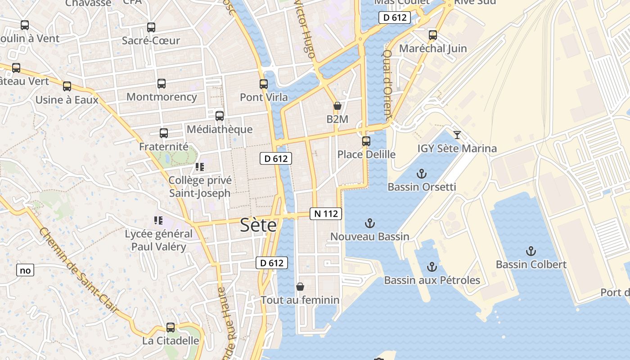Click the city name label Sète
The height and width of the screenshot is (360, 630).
258,225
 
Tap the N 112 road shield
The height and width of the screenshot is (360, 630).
326,214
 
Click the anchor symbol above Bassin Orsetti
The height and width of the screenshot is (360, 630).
422,173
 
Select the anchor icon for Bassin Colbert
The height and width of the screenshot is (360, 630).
531,251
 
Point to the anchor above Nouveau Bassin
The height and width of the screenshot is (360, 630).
369,223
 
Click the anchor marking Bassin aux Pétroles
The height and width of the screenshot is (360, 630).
432,267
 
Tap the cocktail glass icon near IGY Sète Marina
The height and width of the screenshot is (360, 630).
457,135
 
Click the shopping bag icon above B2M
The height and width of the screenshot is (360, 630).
337,106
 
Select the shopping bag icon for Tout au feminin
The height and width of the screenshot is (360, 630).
300,286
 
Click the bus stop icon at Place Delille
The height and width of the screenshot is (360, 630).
366,141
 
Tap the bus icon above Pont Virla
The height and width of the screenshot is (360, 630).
264,84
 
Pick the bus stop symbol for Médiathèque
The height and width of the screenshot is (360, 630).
220,116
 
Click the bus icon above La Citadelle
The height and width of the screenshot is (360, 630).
171,327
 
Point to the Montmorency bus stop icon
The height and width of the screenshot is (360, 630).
162,83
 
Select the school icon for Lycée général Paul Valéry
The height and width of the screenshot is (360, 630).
158,220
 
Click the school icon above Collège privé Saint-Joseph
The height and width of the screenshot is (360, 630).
200,167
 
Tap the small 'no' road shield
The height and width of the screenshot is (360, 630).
25,270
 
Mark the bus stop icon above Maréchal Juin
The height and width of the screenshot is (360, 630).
433,35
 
